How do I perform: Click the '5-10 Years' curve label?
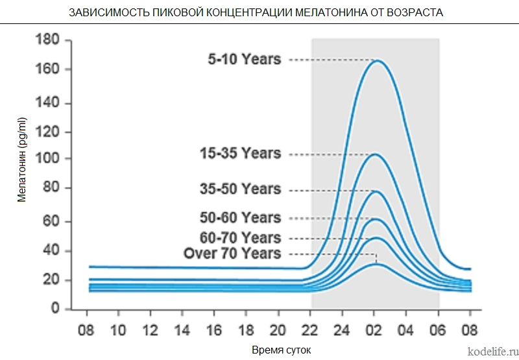(x=244, y=60)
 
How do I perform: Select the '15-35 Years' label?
(x=240, y=154)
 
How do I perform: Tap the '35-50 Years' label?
(x=240, y=189)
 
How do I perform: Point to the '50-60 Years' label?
(x=240, y=218)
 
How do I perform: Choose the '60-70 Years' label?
(x=240, y=237)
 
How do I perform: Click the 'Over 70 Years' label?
(x=232, y=253)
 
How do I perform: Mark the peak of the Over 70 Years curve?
(x=376, y=264)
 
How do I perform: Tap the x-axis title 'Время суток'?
(x=281, y=350)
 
